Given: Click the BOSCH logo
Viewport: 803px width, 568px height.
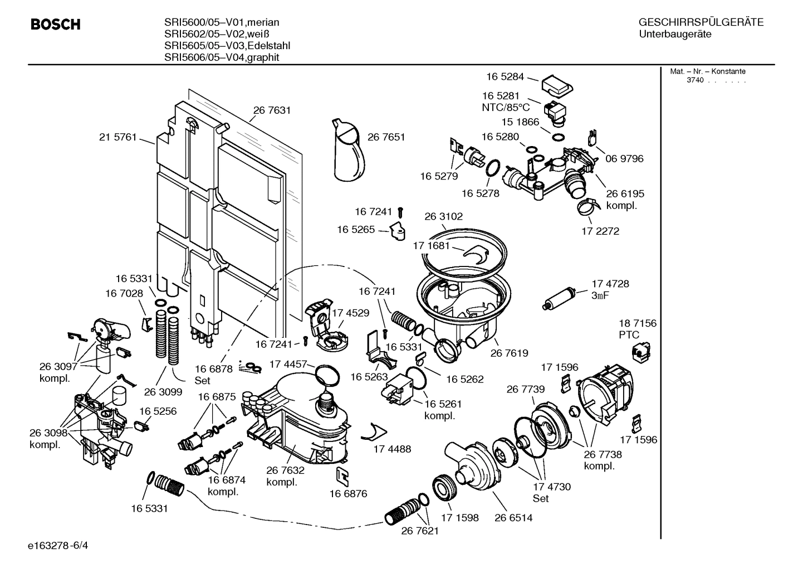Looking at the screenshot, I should [55, 25].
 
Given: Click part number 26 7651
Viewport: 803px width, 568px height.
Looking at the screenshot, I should [386, 137].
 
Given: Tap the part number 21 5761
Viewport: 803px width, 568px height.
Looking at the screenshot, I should [117, 137].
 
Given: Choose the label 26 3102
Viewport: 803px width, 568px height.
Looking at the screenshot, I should [443, 216].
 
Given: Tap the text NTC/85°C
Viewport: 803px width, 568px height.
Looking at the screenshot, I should [506, 108].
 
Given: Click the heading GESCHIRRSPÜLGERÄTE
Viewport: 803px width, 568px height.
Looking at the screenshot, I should [701, 22].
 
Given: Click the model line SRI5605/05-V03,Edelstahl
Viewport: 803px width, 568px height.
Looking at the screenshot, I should [227, 46].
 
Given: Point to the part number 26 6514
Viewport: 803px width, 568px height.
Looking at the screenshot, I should [513, 517].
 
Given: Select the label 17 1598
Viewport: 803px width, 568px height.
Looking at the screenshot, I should [460, 517].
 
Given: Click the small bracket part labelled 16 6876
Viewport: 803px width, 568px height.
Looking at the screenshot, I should [343, 474].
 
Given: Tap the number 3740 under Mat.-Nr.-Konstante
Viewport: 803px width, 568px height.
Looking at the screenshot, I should [694, 80].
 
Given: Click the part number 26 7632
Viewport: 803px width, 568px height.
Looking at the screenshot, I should [285, 470].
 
